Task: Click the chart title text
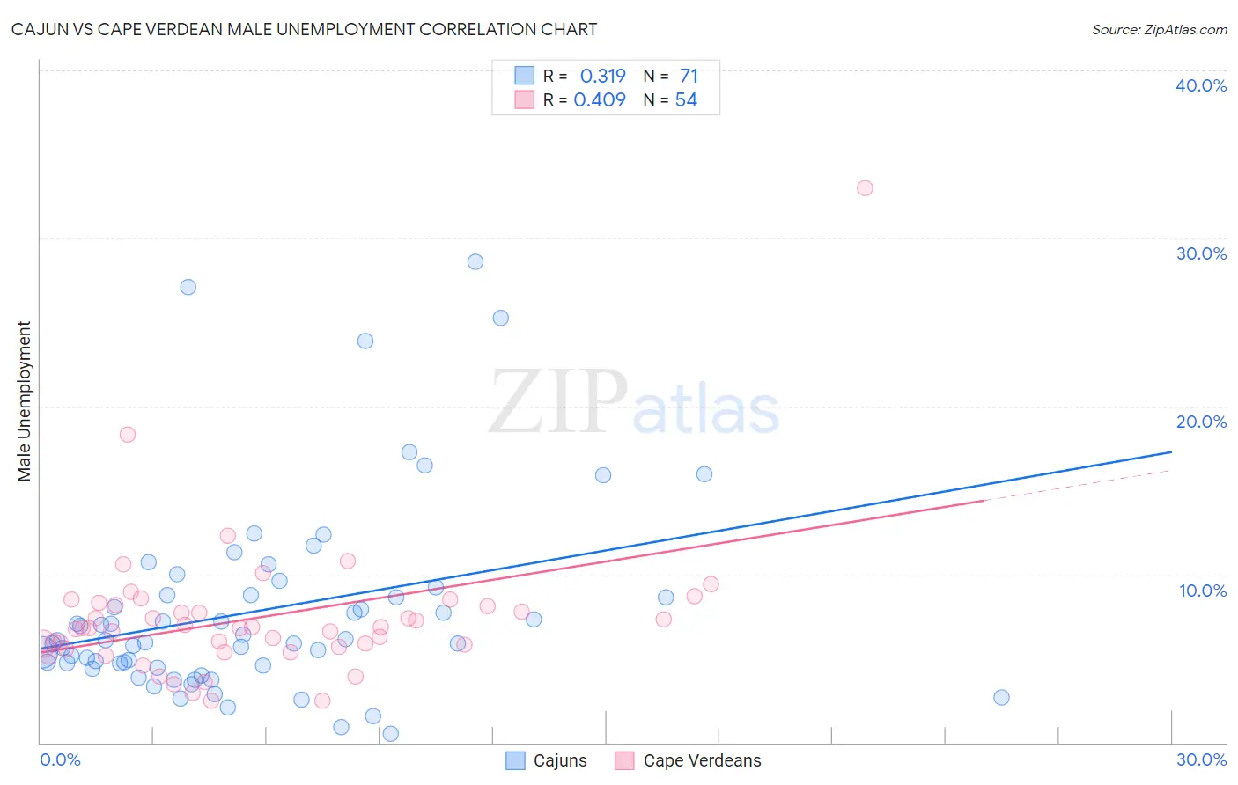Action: (x=304, y=29)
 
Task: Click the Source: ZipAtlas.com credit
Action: (x=1159, y=29)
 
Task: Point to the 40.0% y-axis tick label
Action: (x=1200, y=85)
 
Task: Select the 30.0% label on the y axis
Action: (x=1200, y=253)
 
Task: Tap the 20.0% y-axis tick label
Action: (x=1200, y=422)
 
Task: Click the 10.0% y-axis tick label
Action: (x=1202, y=591)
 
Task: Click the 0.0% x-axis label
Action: (x=60, y=759)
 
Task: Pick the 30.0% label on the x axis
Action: (x=1201, y=759)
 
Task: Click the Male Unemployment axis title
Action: (x=24, y=400)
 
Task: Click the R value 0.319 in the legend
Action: (x=602, y=76)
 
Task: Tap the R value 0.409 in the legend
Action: (x=600, y=99)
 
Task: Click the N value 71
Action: (x=689, y=76)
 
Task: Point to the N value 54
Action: (x=686, y=99)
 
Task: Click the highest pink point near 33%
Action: (x=865, y=187)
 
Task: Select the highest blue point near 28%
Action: (x=475, y=261)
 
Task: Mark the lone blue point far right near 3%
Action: (x=1001, y=697)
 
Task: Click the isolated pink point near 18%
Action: (x=128, y=434)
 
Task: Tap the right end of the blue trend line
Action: (x=1171, y=451)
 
